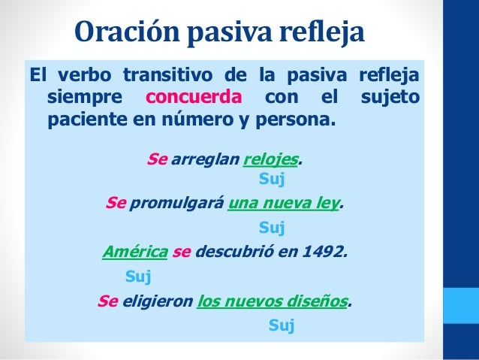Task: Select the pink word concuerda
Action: (194, 98)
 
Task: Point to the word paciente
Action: (84, 120)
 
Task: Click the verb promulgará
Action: (176, 203)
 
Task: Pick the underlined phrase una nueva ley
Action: (283, 203)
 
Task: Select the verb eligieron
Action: (156, 301)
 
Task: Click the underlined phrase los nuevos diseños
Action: (273, 301)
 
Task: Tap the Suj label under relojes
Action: (271, 179)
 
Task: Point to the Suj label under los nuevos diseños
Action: (281, 325)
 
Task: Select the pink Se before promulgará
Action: (116, 203)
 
